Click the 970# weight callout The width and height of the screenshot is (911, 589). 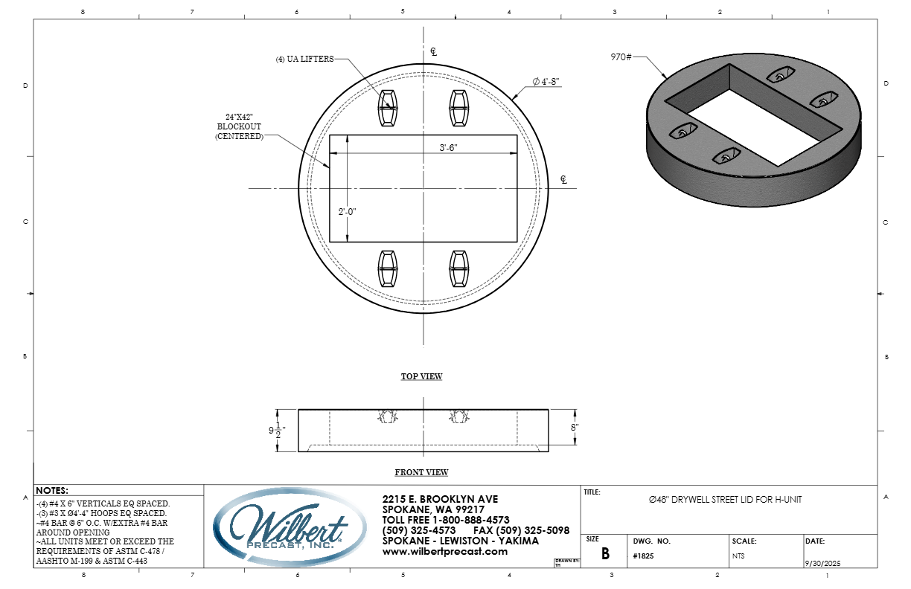coord(621,57)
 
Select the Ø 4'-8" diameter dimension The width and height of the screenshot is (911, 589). coord(546,82)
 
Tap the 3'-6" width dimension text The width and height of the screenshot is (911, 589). coord(448,147)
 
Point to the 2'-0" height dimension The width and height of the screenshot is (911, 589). coord(347,212)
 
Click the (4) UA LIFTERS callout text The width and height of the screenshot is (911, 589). coord(304,59)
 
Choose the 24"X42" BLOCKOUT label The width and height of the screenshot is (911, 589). coord(239,126)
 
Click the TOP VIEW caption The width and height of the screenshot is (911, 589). coord(422,376)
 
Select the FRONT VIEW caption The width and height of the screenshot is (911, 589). coord(421,472)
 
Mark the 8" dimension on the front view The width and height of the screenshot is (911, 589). coord(575,427)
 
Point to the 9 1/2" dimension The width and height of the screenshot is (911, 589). coord(277,431)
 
